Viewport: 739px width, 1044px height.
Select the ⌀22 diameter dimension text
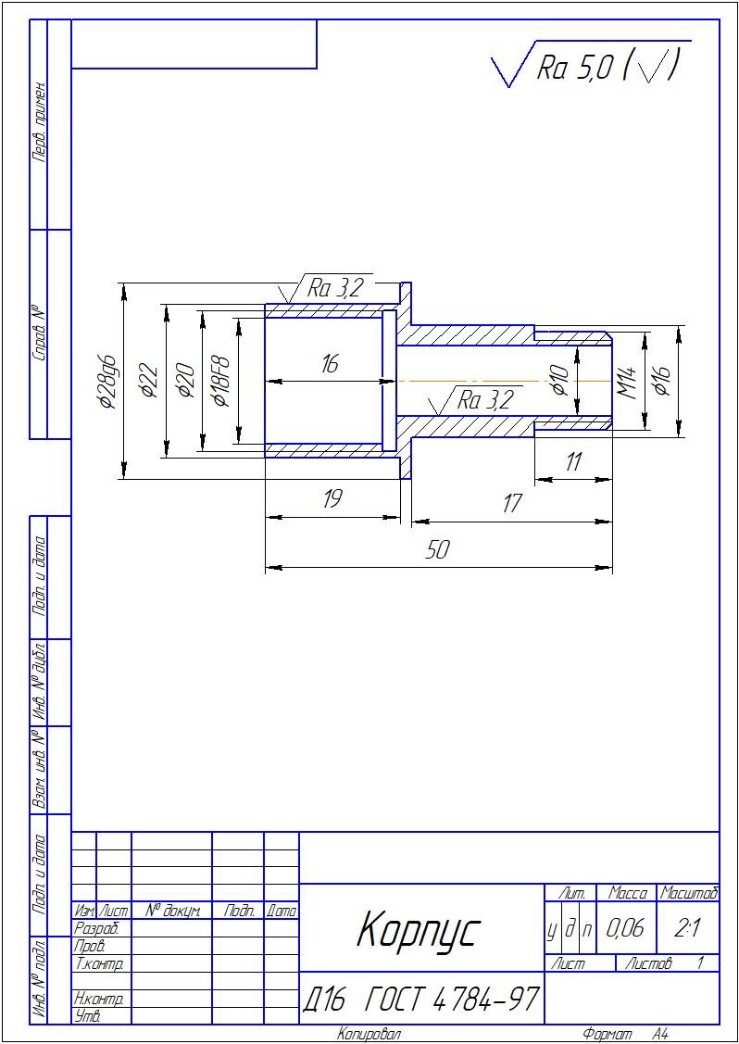click(149, 381)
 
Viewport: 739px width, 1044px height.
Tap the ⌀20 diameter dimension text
click(184, 381)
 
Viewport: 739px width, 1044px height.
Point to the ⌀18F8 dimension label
click(220, 380)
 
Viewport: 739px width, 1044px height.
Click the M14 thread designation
click(627, 383)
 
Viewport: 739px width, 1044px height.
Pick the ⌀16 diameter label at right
click(662, 381)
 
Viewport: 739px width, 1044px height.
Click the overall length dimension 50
click(438, 550)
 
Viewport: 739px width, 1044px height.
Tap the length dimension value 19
click(331, 498)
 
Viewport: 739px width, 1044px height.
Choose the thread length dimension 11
click(572, 460)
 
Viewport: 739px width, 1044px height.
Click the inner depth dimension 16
click(330, 364)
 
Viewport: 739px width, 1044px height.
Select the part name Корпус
click(418, 929)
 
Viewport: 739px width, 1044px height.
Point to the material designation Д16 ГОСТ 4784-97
click(420, 999)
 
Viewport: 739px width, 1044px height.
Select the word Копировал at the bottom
click(369, 1034)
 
